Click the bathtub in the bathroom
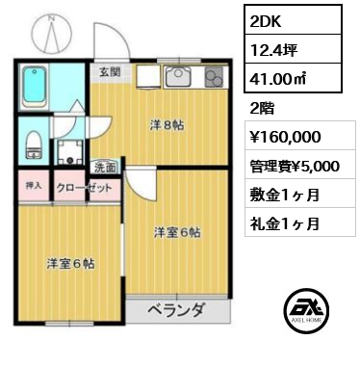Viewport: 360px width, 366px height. pyautogui.click(x=34, y=86)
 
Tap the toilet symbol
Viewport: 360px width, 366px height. pyautogui.click(x=32, y=144)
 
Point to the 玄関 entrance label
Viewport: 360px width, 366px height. pyautogui.click(x=110, y=72)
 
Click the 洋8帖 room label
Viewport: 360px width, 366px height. pyautogui.click(x=167, y=125)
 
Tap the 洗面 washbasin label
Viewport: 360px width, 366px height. pyautogui.click(x=105, y=168)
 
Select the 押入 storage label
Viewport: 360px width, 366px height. pyautogui.click(x=34, y=186)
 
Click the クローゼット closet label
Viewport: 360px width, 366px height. pyautogui.click(x=84, y=188)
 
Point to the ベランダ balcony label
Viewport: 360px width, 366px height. pyautogui.click(x=176, y=311)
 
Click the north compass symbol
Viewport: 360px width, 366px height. pyautogui.click(x=51, y=33)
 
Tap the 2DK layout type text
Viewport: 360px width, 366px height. pyautogui.click(x=266, y=21)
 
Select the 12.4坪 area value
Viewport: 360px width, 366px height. pyautogui.click(x=273, y=50)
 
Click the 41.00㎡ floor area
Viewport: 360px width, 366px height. pyautogui.click(x=277, y=79)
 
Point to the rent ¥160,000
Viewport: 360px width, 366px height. pyautogui.click(x=285, y=137)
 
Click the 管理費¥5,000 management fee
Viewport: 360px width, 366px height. pyautogui.click(x=295, y=167)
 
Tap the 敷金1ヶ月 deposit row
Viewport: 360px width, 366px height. pyautogui.click(x=285, y=195)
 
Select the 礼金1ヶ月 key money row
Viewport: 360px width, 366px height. pyautogui.click(x=285, y=223)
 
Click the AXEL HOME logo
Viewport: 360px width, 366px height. pyautogui.click(x=308, y=310)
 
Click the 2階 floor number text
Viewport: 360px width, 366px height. pyautogui.click(x=262, y=109)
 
